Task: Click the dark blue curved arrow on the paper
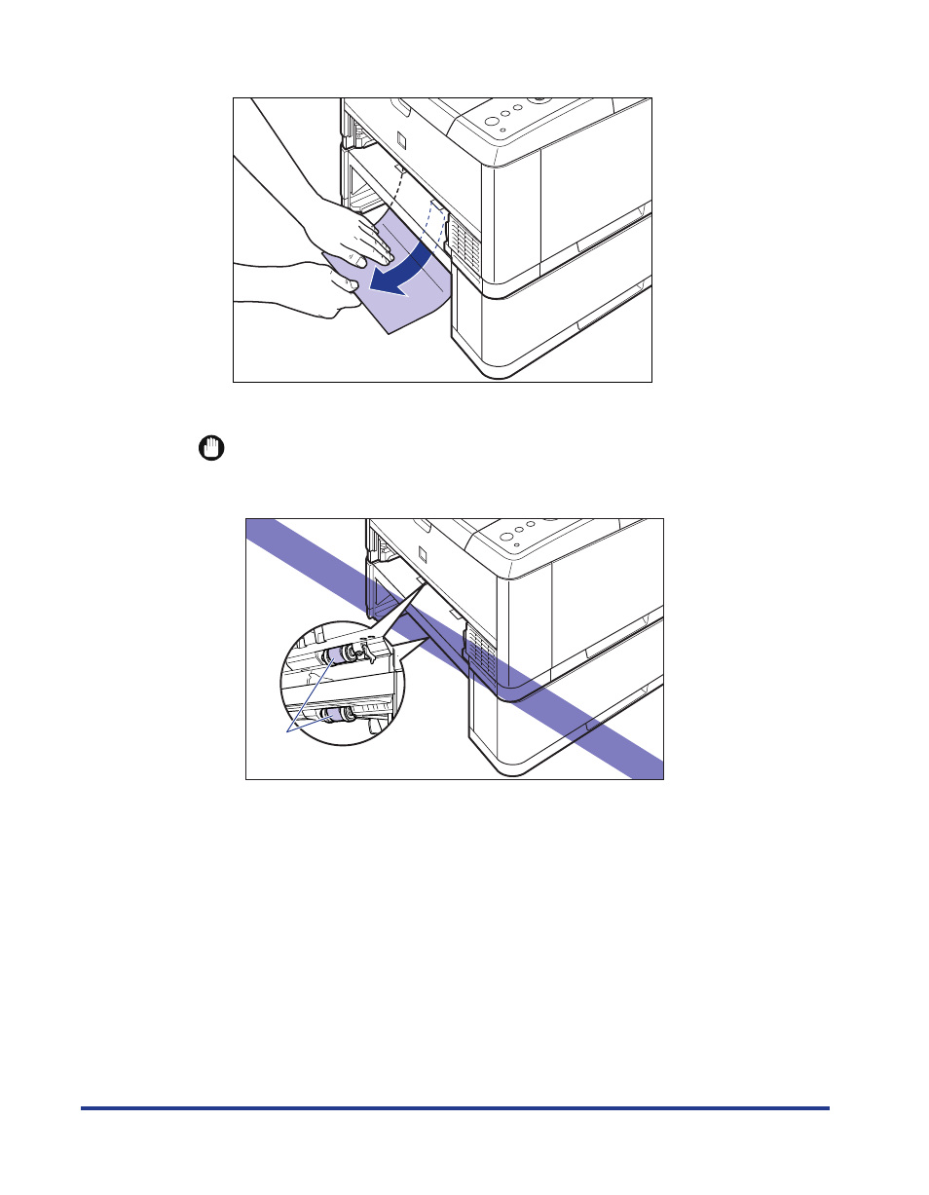(x=409, y=268)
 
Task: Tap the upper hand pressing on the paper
(x=351, y=239)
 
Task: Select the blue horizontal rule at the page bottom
(x=455, y=1107)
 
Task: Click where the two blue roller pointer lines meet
(x=287, y=728)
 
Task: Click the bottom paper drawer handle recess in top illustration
(x=593, y=325)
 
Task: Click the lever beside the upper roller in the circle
(x=368, y=652)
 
